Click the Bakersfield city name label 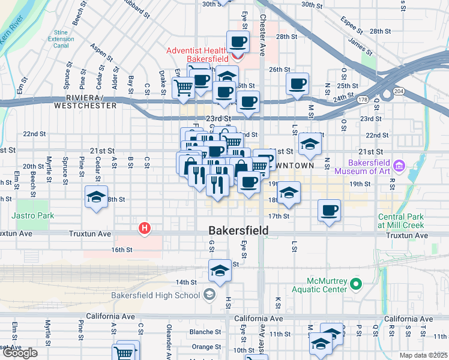[x=238, y=230]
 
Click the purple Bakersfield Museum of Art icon [x=399, y=165]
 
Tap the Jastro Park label [x=32, y=215]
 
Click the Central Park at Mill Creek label [x=401, y=221]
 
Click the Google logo [x=19, y=353]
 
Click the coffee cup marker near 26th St [x=297, y=84]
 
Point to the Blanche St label [x=205, y=332]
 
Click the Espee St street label [x=352, y=26]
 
